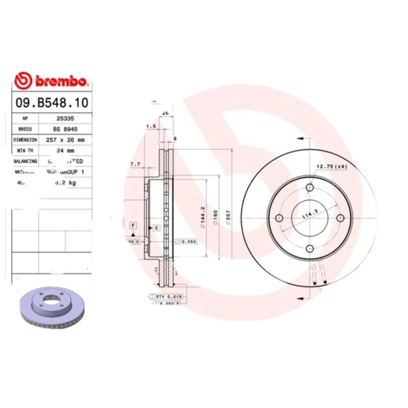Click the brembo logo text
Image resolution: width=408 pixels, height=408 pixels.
(x=60, y=81)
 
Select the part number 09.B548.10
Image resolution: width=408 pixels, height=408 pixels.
(x=51, y=103)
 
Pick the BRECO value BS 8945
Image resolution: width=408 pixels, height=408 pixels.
(x=65, y=129)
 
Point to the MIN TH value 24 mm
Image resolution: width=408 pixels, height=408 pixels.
(x=66, y=150)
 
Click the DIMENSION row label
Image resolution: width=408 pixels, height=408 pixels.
(x=25, y=139)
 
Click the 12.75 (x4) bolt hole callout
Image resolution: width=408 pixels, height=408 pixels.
(x=331, y=166)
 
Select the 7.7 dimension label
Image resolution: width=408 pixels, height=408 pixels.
(x=135, y=164)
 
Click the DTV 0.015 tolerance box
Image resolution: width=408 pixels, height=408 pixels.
(x=168, y=296)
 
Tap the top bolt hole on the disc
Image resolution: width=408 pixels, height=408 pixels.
(x=310, y=188)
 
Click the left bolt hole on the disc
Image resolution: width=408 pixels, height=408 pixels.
(x=278, y=218)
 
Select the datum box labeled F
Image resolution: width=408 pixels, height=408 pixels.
(x=133, y=225)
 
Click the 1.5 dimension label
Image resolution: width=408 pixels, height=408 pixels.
(x=150, y=125)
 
